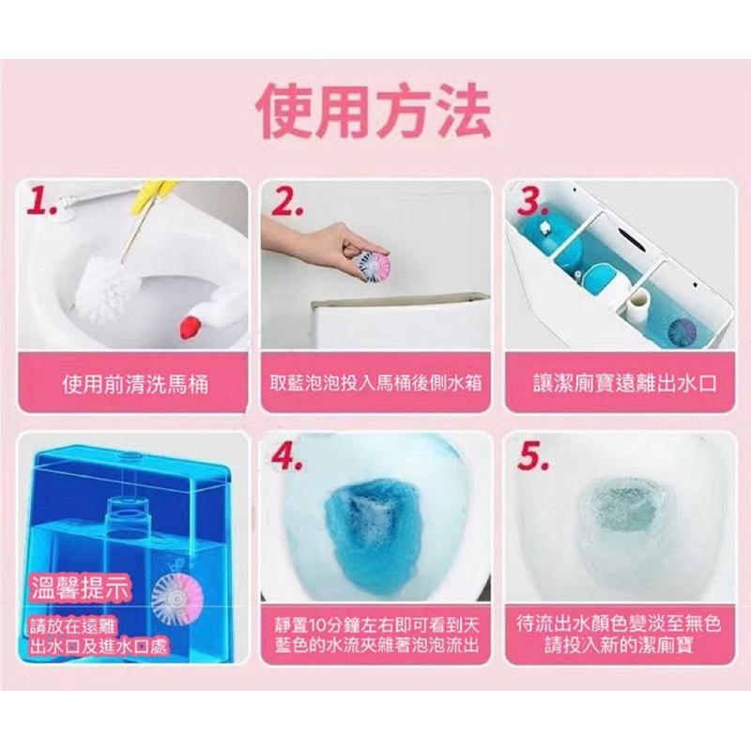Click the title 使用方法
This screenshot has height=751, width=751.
pyautogui.click(x=374, y=111)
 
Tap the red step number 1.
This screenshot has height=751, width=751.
pyautogui.click(x=42, y=203)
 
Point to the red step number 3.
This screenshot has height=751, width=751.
pyautogui.click(x=532, y=203)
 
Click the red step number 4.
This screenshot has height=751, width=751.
pyautogui.click(x=286, y=457)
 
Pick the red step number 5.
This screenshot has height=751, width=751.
pyautogui.click(x=532, y=457)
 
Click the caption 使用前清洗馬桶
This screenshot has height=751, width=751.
pyautogui.click(x=135, y=384)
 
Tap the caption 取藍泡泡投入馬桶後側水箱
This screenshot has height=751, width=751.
pyautogui.click(x=375, y=383)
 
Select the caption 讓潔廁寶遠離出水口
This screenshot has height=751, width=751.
pyautogui.click(x=625, y=384)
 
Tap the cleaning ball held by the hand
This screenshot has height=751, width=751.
pyautogui.click(x=373, y=267)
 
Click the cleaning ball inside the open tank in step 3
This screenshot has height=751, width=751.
pyautogui.click(x=683, y=331)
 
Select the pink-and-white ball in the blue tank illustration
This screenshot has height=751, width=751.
pyautogui.click(x=177, y=597)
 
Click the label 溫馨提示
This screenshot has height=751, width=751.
pyautogui.click(x=81, y=589)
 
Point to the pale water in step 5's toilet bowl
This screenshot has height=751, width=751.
pyautogui.click(x=619, y=517)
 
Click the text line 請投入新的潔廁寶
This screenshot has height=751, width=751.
pyautogui.click(x=619, y=645)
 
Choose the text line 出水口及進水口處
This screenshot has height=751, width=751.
pyautogui.click(x=99, y=647)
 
